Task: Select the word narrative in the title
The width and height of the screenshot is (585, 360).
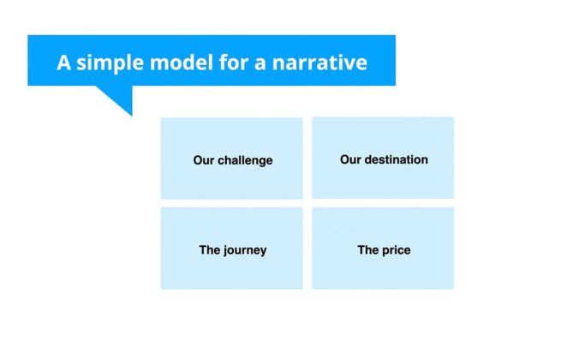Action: (x=322, y=63)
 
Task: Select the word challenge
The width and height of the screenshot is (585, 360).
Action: (x=245, y=160)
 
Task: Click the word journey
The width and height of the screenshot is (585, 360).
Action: (x=244, y=250)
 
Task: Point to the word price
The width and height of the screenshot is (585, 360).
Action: (x=397, y=250)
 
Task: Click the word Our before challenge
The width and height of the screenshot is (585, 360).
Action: (x=203, y=160)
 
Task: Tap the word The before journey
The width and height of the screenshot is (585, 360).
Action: (x=210, y=250)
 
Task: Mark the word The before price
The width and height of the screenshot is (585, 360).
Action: (x=368, y=250)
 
